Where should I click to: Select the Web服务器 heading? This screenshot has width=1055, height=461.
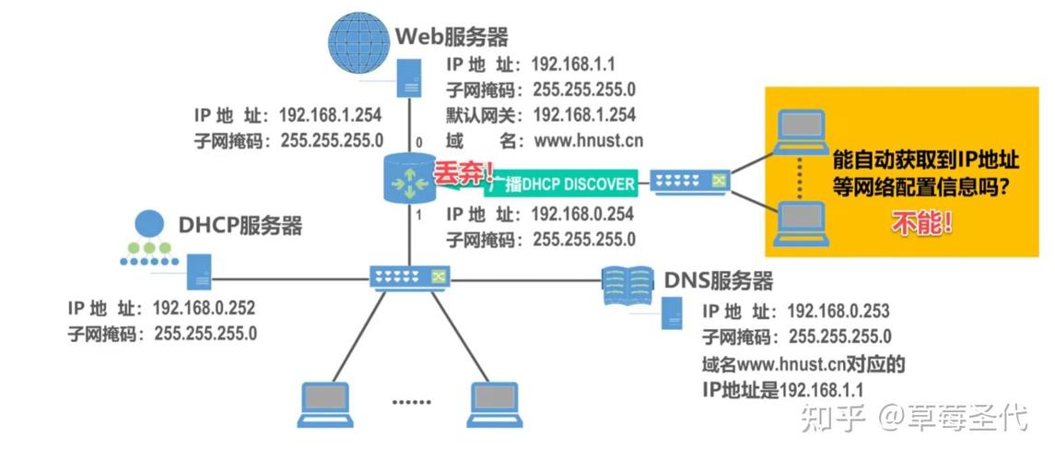[x=451, y=36]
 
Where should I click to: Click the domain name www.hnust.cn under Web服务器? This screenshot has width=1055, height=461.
[x=582, y=141]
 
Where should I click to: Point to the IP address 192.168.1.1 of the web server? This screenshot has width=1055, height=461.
[x=581, y=64]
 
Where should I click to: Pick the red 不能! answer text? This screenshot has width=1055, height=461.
[x=921, y=222]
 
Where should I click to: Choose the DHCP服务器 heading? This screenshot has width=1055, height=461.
[x=240, y=226]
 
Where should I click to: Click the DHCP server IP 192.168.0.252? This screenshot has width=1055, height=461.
[x=205, y=307]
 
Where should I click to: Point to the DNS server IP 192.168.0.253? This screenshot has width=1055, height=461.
[x=838, y=311]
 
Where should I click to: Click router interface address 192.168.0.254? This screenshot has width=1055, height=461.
[x=582, y=214]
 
